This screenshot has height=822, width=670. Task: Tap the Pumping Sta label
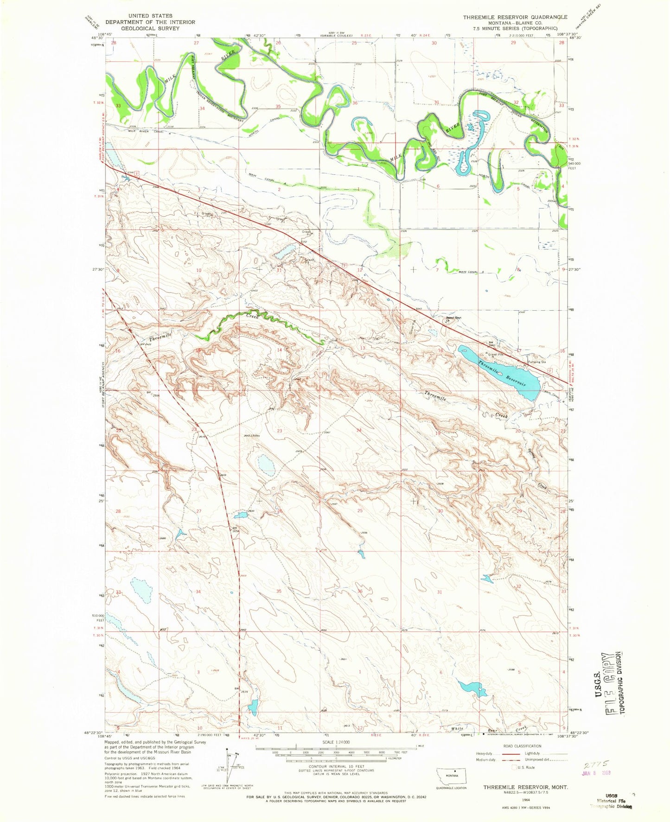(x=538, y=362)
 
